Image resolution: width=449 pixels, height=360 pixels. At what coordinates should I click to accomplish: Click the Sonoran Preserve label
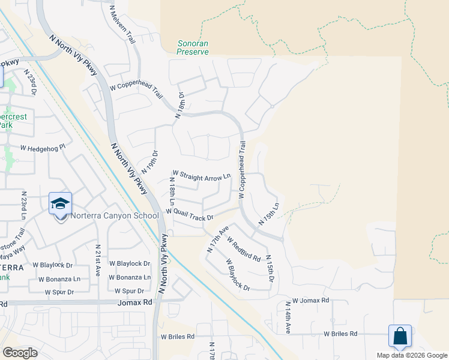[x=193, y=47]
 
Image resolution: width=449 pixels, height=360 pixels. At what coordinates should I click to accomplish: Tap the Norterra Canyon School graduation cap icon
[x=60, y=205]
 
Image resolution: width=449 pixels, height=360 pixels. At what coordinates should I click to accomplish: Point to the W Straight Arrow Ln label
[x=202, y=176]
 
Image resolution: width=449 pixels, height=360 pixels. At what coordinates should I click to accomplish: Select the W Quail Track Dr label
[x=190, y=214]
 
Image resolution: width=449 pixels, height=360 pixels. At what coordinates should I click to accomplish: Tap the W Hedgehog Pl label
[x=42, y=148]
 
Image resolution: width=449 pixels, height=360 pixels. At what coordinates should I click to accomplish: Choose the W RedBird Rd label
[x=243, y=249]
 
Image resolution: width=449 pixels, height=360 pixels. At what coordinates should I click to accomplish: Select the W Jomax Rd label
[x=311, y=300]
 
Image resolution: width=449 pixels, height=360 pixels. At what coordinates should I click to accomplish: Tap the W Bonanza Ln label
[x=129, y=277]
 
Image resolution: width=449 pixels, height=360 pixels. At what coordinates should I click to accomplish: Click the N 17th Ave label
[x=217, y=239]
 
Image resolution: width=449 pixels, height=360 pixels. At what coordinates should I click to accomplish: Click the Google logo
[x=20, y=352]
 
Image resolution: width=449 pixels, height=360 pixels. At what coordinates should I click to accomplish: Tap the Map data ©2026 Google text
[x=411, y=355]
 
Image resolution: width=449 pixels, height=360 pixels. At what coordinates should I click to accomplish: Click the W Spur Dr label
[x=58, y=292]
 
